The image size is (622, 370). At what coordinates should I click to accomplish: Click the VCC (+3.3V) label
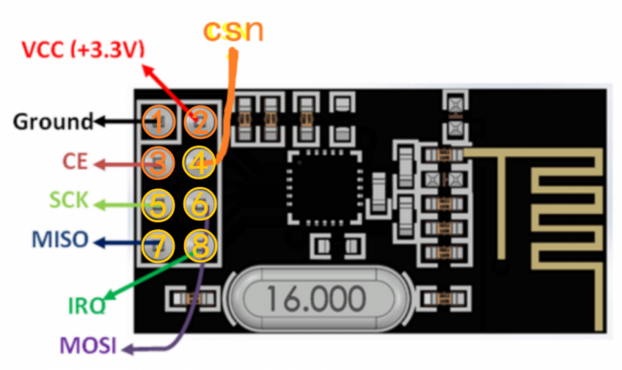[x=82, y=50]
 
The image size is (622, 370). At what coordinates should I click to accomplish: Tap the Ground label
[x=53, y=122]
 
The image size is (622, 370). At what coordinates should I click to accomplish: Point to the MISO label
[x=60, y=240]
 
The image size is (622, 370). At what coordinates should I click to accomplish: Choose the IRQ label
[x=86, y=305]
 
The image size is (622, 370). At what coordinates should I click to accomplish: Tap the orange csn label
[x=234, y=30]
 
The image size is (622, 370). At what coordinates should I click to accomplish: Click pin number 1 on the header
[x=159, y=123]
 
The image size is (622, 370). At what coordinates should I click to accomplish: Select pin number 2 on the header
[x=200, y=123]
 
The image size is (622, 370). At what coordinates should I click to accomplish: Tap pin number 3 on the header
[x=159, y=163]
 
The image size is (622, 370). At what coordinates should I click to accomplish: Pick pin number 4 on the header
[x=200, y=163]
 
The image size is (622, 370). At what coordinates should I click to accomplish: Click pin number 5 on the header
[x=159, y=204]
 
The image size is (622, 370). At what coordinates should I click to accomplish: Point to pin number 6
[x=200, y=204]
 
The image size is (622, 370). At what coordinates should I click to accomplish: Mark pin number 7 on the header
[x=159, y=246]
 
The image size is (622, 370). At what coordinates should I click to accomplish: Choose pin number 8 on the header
[x=200, y=246]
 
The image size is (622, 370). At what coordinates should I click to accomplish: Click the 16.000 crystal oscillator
[x=315, y=298]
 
